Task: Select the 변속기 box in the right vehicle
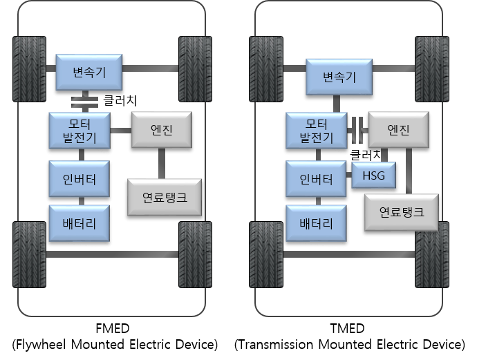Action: click(x=339, y=77)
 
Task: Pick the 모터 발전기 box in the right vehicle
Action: click(x=316, y=131)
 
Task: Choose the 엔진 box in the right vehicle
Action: click(x=399, y=129)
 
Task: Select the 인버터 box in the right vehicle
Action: click(x=316, y=180)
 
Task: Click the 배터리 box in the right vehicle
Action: click(x=316, y=223)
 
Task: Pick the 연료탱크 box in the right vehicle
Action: click(x=402, y=211)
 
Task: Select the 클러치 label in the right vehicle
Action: click(x=366, y=153)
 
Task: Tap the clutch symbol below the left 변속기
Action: click(x=84, y=101)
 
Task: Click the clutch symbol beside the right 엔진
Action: click(x=357, y=129)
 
